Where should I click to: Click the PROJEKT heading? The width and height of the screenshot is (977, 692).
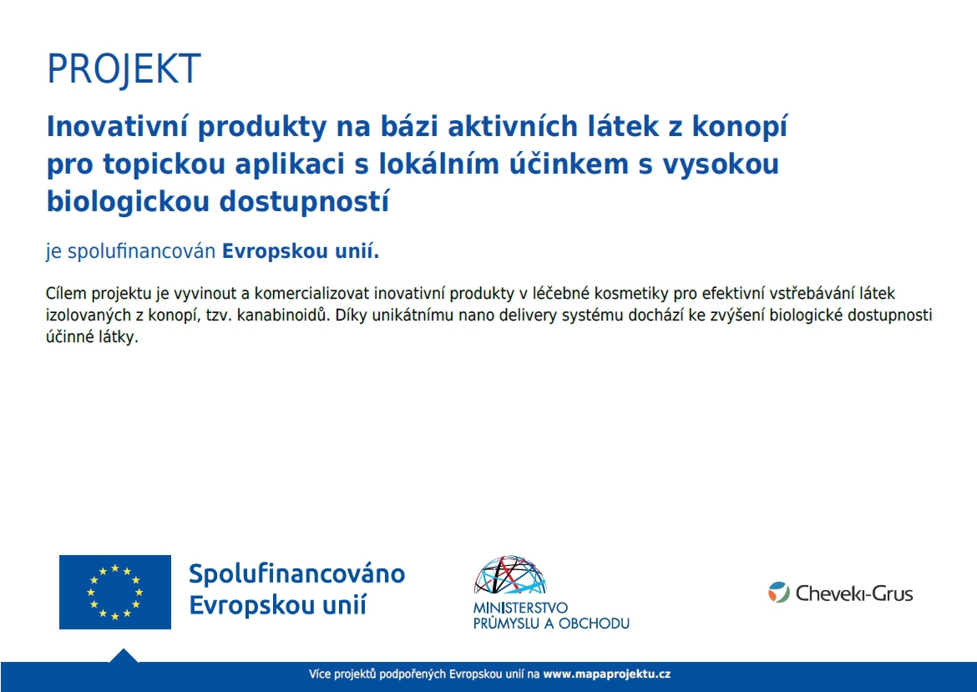click(124, 69)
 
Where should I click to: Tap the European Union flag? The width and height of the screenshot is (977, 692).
click(114, 592)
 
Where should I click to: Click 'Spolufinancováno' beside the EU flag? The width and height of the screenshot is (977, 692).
click(296, 574)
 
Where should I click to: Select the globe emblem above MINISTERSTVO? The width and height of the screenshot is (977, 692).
click(509, 575)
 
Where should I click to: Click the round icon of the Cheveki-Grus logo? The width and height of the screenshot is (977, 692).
click(778, 594)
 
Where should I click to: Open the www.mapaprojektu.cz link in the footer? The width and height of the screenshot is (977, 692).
click(606, 674)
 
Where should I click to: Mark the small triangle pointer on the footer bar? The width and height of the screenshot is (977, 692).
click(124, 655)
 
